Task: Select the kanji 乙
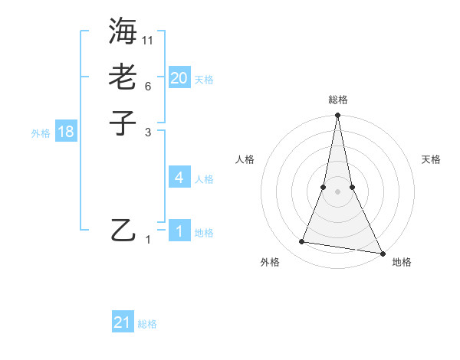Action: (123, 230)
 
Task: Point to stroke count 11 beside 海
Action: (148, 40)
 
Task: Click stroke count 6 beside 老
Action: (148, 86)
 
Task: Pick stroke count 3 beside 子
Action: (148, 132)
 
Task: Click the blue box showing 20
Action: (179, 77)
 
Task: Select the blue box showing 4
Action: (179, 178)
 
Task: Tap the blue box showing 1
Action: (179, 231)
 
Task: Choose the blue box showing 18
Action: (66, 132)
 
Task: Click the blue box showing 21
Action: (123, 322)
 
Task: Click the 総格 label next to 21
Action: (147, 324)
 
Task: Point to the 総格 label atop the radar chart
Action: (337, 100)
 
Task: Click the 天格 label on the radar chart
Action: (431, 159)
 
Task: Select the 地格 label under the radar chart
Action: (402, 262)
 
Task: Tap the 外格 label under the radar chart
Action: (270, 262)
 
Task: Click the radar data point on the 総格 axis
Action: (337, 116)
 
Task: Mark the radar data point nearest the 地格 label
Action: (382, 253)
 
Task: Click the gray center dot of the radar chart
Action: (337, 191)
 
